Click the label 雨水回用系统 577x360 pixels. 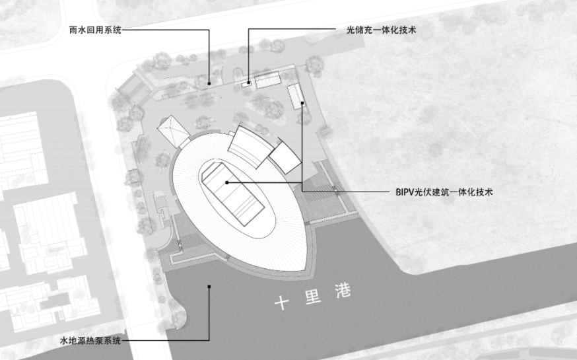96,30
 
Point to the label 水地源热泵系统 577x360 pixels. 90,341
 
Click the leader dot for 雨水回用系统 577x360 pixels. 209,83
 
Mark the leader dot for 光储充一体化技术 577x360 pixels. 248,83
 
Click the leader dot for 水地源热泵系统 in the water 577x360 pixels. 209,286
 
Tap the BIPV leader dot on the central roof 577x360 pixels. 226,182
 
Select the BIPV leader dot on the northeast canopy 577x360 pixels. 302,103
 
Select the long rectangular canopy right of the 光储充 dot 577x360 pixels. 267,81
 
